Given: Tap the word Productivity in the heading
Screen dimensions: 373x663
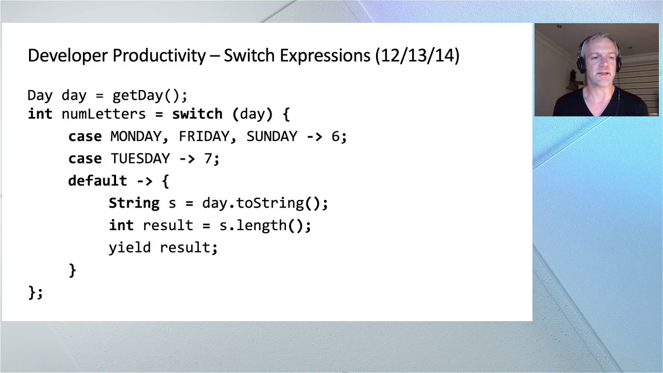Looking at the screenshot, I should click(x=159, y=55).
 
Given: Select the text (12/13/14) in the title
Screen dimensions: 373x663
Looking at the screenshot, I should click(x=417, y=55).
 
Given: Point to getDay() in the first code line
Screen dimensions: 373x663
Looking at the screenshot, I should click(x=149, y=96).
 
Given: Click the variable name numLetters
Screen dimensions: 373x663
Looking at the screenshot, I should click(x=104, y=114).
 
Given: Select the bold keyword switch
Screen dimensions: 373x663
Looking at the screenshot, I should click(x=197, y=114).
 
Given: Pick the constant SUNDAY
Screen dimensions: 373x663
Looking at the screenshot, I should click(x=272, y=136).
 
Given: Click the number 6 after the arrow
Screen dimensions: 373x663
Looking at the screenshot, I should click(x=335, y=136).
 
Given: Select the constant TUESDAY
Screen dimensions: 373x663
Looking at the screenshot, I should click(x=140, y=159).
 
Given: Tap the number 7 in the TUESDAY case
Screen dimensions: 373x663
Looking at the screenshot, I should click(x=208, y=159).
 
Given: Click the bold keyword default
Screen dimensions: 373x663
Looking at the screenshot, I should click(x=97, y=181).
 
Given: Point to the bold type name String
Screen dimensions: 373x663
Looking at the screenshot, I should click(x=134, y=203).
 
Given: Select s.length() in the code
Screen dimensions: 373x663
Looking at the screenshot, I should click(x=264, y=225).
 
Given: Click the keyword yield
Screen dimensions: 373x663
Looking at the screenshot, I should click(x=129, y=248).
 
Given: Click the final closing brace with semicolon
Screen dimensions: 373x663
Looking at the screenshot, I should click(x=35, y=293).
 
